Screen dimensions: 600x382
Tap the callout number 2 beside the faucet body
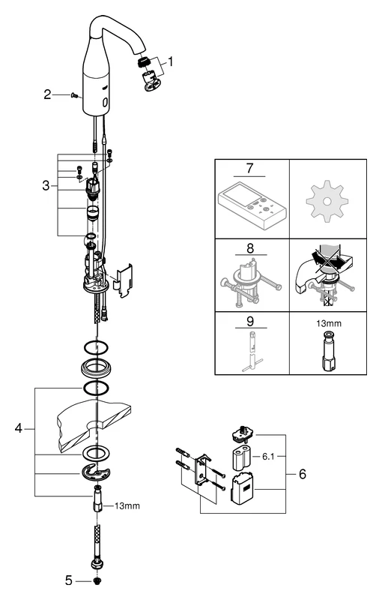[x=47, y=94]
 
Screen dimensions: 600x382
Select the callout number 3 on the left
[x=46, y=185]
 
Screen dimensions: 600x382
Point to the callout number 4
[x=19, y=429]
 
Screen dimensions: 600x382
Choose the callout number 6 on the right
[x=301, y=474]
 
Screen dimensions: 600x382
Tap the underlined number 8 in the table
[x=251, y=245]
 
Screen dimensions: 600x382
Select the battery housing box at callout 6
[x=243, y=490]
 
